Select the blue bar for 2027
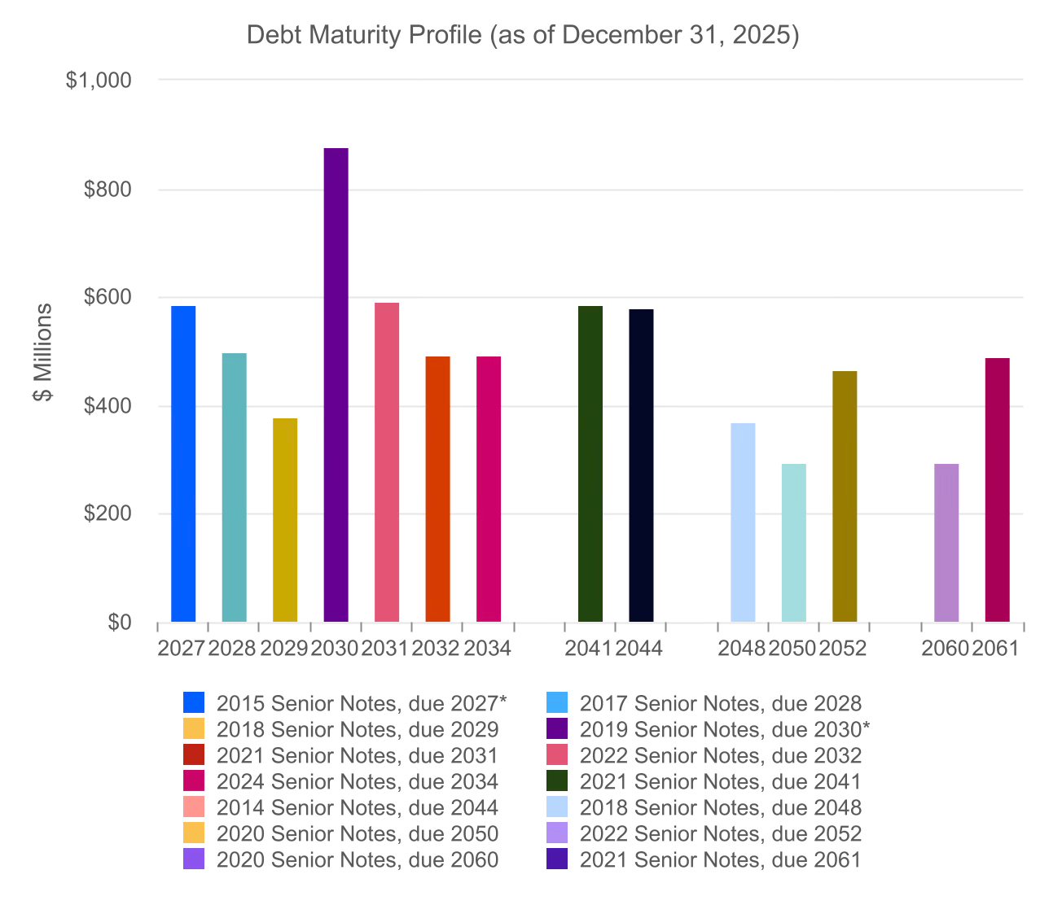point(183,464)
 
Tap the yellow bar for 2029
point(285,520)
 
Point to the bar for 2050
point(793,543)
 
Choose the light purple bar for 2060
point(946,543)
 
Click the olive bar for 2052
point(845,496)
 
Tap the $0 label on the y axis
point(121,623)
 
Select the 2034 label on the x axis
point(488,649)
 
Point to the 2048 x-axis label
point(742,649)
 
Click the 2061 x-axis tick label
point(996,649)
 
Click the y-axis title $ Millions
point(42,352)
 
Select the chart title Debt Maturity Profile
point(523,36)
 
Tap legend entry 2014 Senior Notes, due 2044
point(357,807)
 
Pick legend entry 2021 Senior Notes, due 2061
point(720,859)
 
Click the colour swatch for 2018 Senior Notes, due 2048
point(557,807)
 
